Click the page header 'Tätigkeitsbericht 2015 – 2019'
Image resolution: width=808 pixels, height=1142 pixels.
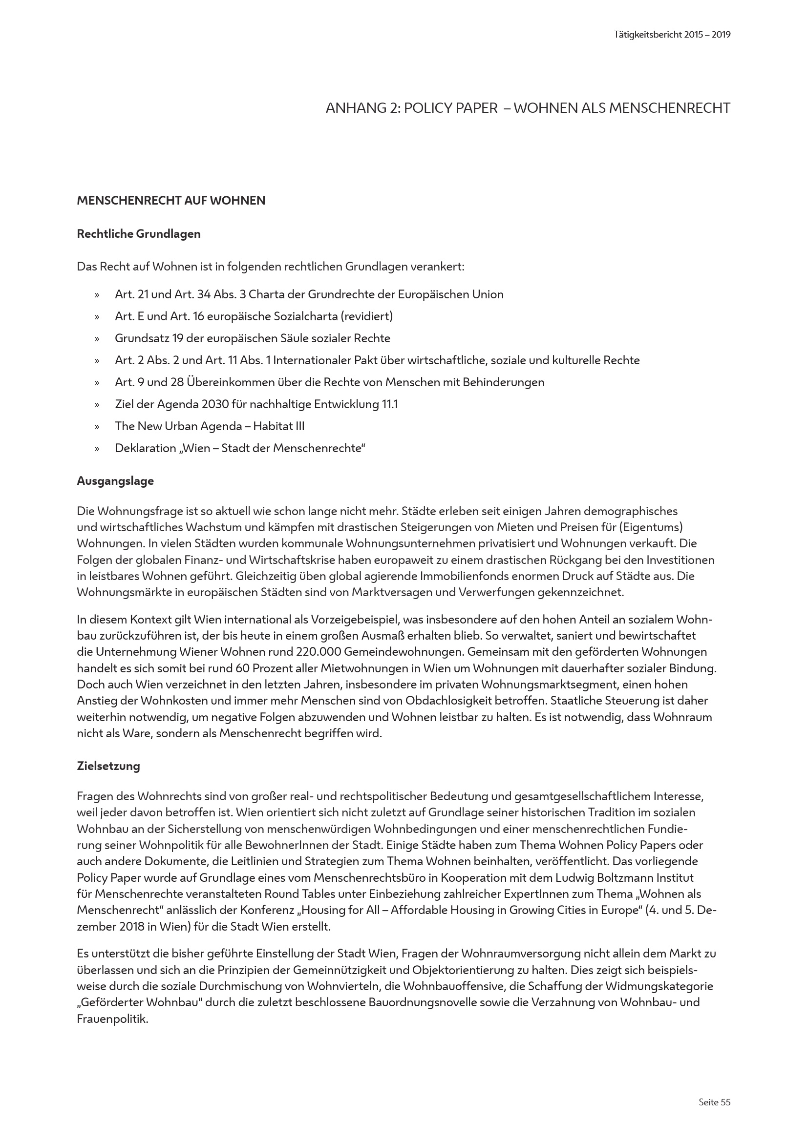[x=672, y=35]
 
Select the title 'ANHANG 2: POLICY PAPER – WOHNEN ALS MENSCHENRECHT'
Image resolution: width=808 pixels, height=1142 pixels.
[x=528, y=108]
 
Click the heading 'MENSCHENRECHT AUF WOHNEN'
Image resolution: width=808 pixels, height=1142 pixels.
[x=170, y=201]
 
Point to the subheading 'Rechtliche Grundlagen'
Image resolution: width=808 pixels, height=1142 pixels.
[x=138, y=234]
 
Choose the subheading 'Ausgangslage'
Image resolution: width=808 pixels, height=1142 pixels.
[x=115, y=481]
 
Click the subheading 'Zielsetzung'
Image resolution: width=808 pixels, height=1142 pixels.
[x=108, y=766]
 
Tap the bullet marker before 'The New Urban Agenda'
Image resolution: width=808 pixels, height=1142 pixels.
[x=97, y=427]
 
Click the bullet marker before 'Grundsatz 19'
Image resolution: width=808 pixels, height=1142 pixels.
[x=97, y=339]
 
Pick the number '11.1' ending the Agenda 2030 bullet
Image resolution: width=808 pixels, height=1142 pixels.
[x=389, y=404]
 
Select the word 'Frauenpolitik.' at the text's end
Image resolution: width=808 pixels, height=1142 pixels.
[x=112, y=1018]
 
